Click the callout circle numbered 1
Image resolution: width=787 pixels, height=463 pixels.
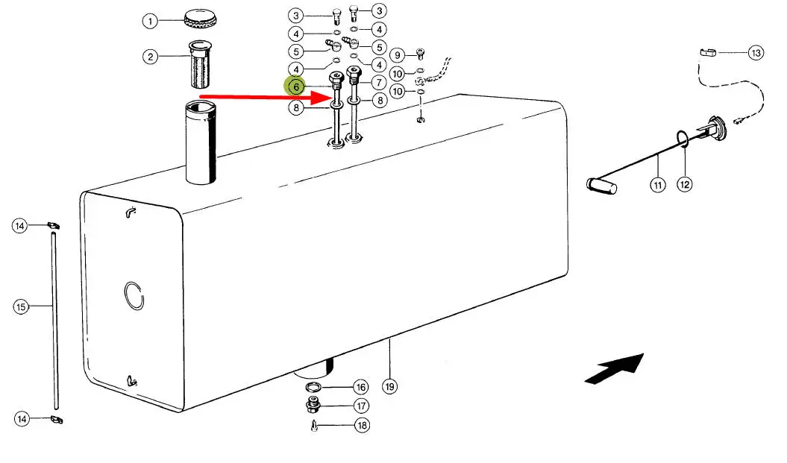tap(151, 21)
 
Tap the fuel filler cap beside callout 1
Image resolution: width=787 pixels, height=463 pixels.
tap(200, 16)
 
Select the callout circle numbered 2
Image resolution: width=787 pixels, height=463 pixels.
tap(151, 57)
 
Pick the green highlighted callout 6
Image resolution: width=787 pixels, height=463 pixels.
tap(296, 86)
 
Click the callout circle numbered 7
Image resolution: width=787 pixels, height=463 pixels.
tap(379, 82)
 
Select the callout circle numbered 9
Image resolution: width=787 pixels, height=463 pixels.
tap(398, 54)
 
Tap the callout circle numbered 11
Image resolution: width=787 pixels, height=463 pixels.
tap(657, 184)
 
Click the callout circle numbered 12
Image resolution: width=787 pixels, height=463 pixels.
tap(685, 183)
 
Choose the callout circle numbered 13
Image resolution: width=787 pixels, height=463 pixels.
tap(756, 53)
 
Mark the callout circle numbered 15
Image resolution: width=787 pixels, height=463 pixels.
tap(21, 306)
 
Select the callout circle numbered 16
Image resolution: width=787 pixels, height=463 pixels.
tap(360, 388)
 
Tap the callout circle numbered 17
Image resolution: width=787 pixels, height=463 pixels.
tap(361, 406)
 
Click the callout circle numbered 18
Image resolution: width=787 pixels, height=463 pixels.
tap(361, 426)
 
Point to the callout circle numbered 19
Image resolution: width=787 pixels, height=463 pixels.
tap(389, 386)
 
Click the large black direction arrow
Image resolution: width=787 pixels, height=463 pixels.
tap(615, 368)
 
